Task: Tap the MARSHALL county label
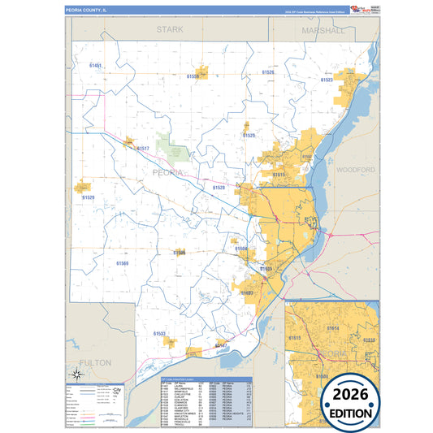(x=322, y=29)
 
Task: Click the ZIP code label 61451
(x=95, y=65)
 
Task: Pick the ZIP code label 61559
(x=193, y=76)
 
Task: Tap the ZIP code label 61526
(x=268, y=72)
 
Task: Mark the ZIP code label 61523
(x=327, y=80)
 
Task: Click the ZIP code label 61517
(x=143, y=149)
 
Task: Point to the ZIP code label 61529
(x=88, y=197)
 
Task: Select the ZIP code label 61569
(x=122, y=263)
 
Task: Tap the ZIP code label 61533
(x=159, y=333)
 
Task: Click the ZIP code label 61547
(x=220, y=345)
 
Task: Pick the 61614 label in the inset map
(x=332, y=327)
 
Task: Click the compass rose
(x=76, y=374)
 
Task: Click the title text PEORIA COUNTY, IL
(x=86, y=11)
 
